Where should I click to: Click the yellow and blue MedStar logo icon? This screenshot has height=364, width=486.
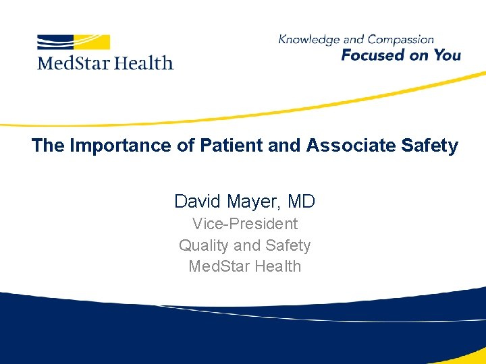(74, 42)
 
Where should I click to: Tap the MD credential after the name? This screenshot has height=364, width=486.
(301, 201)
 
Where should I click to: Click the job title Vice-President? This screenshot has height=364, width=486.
(244, 223)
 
